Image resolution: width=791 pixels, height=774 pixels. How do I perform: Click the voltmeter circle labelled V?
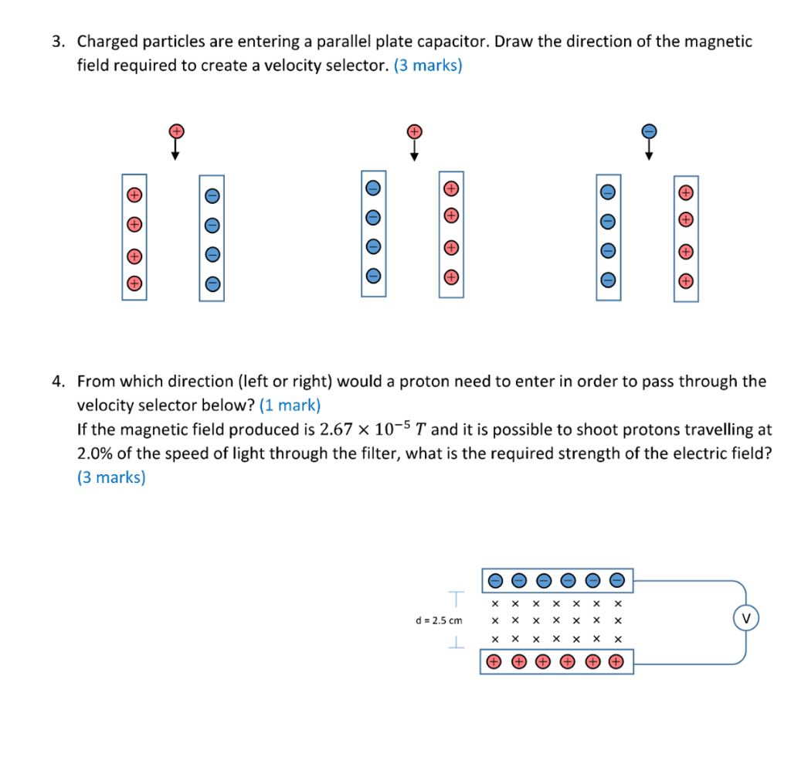coord(745,618)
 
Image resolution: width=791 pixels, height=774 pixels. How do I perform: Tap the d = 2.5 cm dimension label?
coord(439,620)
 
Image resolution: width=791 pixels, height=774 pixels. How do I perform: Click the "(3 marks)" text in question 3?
coord(428,66)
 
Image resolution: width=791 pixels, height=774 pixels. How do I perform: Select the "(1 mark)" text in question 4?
coord(290,405)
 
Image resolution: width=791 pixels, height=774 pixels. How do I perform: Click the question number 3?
coord(57,42)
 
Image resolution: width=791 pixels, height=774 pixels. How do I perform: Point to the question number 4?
coord(57,381)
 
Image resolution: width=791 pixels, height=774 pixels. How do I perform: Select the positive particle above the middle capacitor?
coord(415,131)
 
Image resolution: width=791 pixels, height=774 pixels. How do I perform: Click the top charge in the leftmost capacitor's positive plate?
coord(134,194)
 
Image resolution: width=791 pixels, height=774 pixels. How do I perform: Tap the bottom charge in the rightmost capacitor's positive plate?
coord(685,281)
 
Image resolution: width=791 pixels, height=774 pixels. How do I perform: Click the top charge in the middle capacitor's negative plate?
coord(373,188)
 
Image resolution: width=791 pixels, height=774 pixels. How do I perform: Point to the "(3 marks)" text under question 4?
coord(111,477)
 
